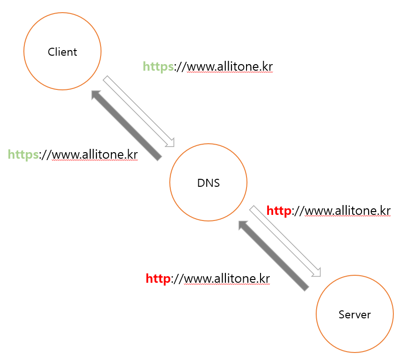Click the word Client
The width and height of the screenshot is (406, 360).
62,52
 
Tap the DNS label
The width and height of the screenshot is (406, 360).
209,183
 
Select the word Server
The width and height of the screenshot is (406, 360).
355,315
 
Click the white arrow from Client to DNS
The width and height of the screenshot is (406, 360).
138,111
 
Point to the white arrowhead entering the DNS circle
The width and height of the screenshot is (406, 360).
170,142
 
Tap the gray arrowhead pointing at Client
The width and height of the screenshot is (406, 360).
96,96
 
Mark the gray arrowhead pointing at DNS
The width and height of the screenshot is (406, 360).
244,226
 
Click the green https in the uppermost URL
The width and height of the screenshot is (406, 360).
158,67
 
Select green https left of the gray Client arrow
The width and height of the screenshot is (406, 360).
23,154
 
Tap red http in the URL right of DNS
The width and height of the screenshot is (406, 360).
279,211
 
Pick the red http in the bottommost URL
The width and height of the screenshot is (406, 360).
158,279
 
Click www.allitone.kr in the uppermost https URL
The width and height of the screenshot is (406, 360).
229,67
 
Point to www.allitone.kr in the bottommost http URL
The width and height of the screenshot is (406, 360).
227,279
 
